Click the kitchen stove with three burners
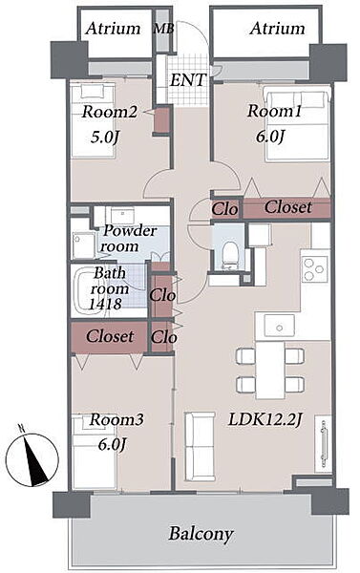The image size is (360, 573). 315,269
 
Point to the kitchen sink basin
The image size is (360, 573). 280,326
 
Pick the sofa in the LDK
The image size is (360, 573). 200,446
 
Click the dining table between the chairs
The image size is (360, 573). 270,370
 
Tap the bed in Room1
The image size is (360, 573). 297,125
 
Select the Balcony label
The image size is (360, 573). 201,535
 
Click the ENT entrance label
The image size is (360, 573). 188,80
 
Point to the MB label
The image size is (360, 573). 163,29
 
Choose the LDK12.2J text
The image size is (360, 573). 265,420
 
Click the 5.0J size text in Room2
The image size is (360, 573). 105,138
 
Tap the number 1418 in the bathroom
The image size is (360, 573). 105,304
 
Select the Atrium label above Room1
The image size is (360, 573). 277,29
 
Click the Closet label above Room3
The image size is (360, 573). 110,336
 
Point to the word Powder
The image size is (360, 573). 130,231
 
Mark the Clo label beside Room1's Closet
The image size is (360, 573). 224,209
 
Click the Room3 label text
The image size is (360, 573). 116,419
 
